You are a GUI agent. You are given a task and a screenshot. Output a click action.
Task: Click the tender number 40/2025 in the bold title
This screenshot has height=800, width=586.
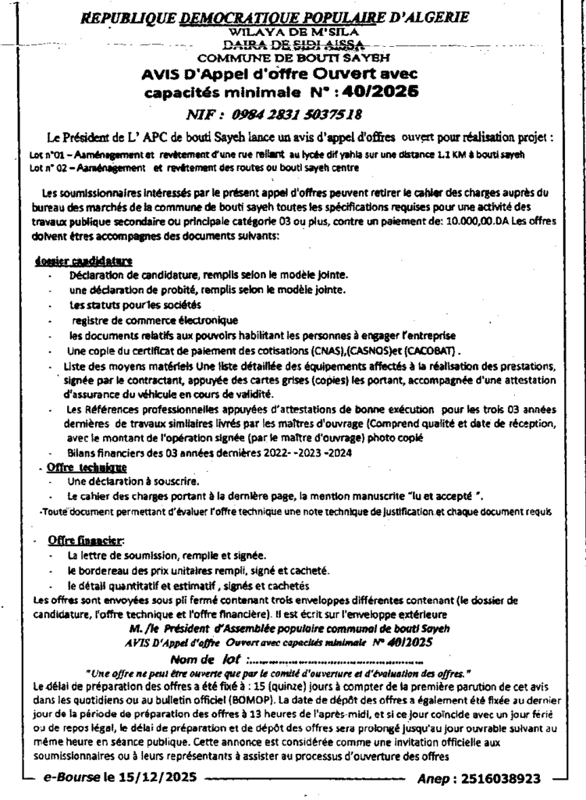(x=379, y=91)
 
